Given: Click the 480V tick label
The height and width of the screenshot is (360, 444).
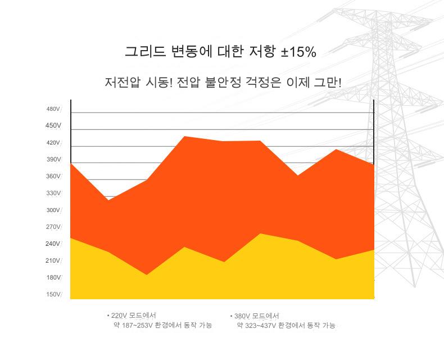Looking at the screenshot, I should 53,109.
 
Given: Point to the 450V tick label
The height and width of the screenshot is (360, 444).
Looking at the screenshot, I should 53,126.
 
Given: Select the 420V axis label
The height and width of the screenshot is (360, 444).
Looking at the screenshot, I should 53,143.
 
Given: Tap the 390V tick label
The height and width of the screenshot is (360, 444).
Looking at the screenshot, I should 53,160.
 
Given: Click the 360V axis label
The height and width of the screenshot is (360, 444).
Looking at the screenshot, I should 53,177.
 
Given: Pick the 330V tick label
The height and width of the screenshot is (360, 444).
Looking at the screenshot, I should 53,193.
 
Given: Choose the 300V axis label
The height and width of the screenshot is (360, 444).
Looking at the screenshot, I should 53,210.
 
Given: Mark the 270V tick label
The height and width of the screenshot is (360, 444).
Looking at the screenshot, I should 53,227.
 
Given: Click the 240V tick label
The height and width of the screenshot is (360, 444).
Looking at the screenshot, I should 53,244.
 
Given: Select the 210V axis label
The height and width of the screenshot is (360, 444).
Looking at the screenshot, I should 53,261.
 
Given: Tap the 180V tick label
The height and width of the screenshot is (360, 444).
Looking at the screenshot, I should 53,278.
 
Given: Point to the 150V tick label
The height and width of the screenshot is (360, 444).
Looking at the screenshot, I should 53,295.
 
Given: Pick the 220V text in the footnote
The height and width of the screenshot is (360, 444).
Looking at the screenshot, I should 119,316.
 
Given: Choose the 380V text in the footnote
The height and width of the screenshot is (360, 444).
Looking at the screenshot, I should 242,316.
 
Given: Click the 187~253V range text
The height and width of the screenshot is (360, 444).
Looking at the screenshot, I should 137,326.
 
